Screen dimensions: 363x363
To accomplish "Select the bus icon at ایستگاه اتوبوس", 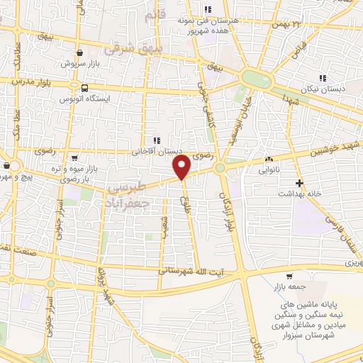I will [85, 89].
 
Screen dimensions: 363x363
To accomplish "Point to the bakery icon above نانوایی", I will [268, 160].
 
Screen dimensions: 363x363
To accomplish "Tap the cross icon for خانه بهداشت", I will [301, 182].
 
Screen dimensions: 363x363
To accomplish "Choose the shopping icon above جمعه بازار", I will [289, 277].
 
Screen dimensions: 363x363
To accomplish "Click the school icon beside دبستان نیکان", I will [323, 79].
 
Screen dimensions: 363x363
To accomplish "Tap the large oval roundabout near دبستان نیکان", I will [255, 78].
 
